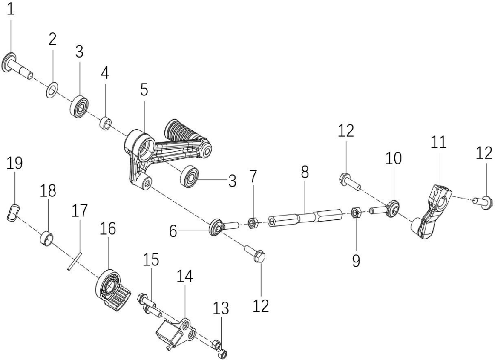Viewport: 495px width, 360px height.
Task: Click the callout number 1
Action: coord(11,9)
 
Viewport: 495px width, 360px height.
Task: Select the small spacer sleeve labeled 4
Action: coord(106,123)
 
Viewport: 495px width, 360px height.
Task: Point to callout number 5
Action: coord(144,90)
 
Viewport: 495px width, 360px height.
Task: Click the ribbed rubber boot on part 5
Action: coord(180,132)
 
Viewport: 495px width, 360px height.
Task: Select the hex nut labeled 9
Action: coord(357,213)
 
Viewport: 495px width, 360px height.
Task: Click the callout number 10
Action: coord(393,158)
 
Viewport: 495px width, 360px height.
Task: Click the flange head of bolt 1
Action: coord(9,62)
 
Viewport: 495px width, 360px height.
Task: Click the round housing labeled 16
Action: coord(113,286)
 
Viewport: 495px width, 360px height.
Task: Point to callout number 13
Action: coord(221,308)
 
